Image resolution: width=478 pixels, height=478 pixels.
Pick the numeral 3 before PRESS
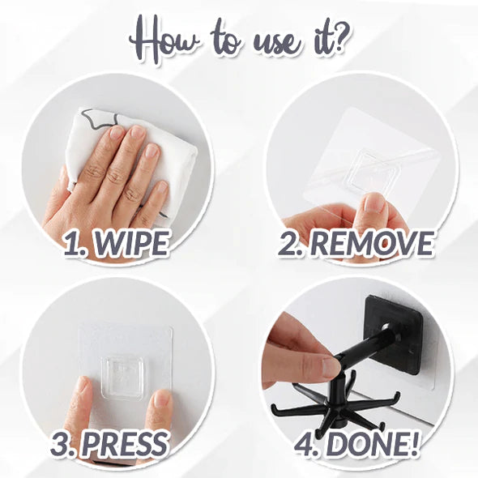(59, 445)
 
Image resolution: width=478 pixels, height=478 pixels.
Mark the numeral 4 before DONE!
(304, 445)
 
